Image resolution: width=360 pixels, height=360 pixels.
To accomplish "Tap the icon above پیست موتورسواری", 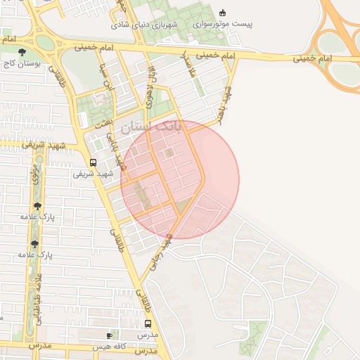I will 224,12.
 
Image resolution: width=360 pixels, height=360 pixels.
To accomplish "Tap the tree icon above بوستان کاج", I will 22,51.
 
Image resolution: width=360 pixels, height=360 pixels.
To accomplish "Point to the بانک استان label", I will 150,127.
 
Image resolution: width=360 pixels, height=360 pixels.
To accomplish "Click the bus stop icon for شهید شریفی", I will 94,162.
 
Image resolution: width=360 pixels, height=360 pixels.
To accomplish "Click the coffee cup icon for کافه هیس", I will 108,335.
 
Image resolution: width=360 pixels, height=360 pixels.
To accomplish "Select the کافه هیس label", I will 109,346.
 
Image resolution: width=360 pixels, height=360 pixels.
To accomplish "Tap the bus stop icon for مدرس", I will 148,324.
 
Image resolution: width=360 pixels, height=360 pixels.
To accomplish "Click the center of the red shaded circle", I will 180,179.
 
